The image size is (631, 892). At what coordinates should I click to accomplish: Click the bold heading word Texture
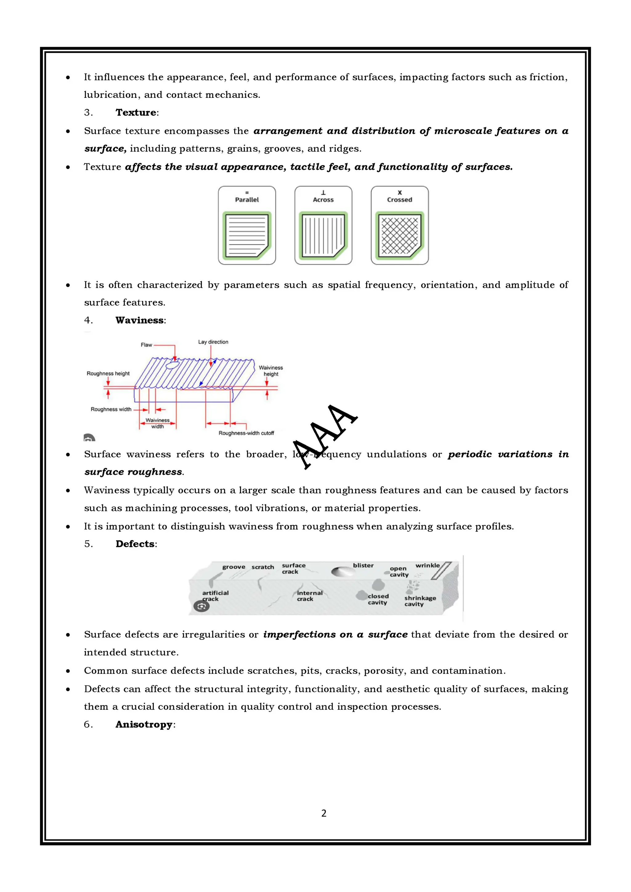coord(136,113)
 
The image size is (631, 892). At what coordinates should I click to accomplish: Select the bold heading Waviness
coord(140,320)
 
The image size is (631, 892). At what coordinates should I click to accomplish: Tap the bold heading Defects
coord(135,544)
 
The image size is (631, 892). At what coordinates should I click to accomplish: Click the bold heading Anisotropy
coord(144,725)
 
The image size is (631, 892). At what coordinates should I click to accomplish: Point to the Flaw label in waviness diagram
coord(146,345)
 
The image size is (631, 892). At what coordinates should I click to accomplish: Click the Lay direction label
coord(213,342)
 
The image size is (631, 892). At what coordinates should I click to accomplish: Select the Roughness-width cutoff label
coord(246,433)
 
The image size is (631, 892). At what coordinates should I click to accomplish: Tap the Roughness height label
coord(108,373)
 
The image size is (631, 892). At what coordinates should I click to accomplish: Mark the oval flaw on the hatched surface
coord(172,365)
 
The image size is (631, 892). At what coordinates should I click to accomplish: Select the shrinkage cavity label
coord(420,601)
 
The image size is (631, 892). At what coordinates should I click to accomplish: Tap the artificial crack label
coord(215,596)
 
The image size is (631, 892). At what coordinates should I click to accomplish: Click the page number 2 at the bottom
coord(324,813)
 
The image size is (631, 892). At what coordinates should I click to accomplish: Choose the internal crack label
coord(309,596)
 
